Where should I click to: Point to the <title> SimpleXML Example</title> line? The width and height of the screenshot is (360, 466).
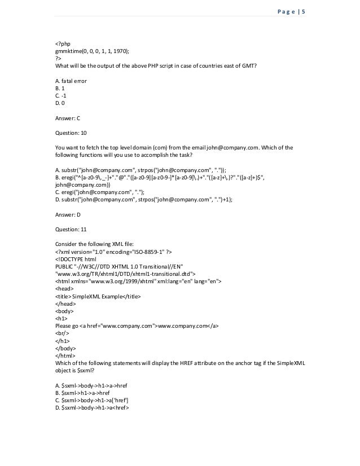point(98,296)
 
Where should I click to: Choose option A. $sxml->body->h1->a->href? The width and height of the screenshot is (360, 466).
point(91,385)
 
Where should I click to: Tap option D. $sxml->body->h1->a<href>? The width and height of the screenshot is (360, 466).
point(93,407)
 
